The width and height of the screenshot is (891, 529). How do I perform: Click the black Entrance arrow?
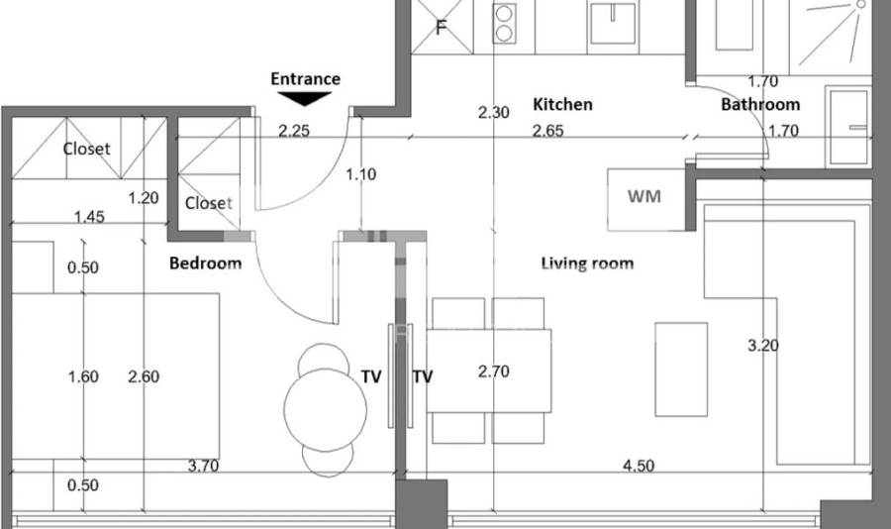click(305, 98)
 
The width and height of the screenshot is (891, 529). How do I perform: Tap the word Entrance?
click(305, 78)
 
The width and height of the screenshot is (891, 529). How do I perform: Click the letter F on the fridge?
click(441, 28)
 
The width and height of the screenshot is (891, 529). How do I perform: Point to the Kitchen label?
click(562, 104)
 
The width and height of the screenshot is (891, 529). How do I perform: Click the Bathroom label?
click(760, 105)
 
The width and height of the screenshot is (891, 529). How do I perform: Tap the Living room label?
click(587, 263)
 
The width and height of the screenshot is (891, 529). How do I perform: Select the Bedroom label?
click(205, 263)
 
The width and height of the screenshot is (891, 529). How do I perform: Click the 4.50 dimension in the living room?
click(639, 466)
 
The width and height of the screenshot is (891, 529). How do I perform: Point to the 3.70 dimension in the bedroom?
click(203, 466)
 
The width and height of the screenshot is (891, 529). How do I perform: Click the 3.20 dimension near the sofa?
click(762, 346)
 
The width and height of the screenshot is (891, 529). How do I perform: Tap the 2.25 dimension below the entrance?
click(294, 131)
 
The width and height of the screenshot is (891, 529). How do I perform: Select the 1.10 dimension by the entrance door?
click(360, 174)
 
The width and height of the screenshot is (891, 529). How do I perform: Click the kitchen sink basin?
click(612, 24)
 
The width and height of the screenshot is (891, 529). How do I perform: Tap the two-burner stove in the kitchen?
click(504, 23)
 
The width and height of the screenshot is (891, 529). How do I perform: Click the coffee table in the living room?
click(681, 370)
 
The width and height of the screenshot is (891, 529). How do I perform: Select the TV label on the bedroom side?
click(371, 376)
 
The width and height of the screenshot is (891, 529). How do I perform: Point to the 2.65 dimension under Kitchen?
click(547, 131)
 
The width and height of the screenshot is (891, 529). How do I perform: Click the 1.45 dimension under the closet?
click(89, 217)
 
